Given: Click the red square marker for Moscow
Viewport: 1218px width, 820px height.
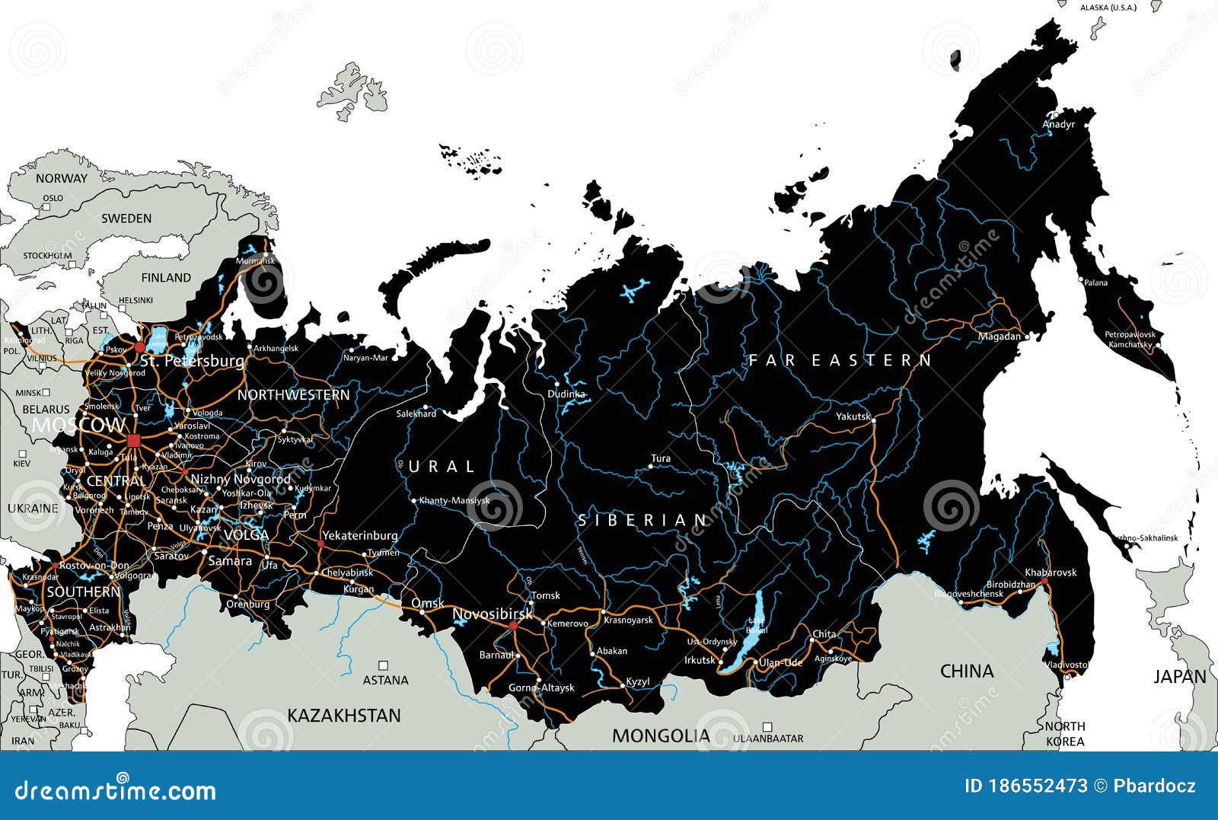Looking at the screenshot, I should (134, 440).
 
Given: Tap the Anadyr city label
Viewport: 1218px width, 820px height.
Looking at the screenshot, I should (1058, 124).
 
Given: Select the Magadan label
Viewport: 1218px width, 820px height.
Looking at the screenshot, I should (999, 337).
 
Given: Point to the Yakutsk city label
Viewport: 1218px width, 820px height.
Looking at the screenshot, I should (853, 416).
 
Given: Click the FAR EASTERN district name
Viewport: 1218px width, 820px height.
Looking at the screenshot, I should (840, 360).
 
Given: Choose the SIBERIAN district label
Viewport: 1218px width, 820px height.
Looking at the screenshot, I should (643, 521).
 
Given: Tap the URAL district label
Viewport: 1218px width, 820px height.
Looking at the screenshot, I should (442, 466).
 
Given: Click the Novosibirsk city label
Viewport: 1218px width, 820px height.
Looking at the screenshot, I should (493, 614).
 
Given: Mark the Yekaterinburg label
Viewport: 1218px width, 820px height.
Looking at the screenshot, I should (359, 535).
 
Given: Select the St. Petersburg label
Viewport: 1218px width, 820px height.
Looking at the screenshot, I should (193, 360).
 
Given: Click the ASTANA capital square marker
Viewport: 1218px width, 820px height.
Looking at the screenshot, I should (384, 665).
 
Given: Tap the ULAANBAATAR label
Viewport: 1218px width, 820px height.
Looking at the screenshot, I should (768, 739).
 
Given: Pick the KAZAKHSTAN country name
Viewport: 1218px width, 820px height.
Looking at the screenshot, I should (343, 716).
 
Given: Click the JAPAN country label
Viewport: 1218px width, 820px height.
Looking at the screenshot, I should (1179, 676).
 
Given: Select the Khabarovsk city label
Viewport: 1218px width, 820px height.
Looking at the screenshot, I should (1051, 573).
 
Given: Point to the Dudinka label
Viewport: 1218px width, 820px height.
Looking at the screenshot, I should (566, 394).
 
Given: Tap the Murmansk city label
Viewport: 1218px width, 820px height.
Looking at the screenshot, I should (254, 261).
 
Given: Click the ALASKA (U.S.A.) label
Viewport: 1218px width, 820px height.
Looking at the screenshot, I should (1108, 8).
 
